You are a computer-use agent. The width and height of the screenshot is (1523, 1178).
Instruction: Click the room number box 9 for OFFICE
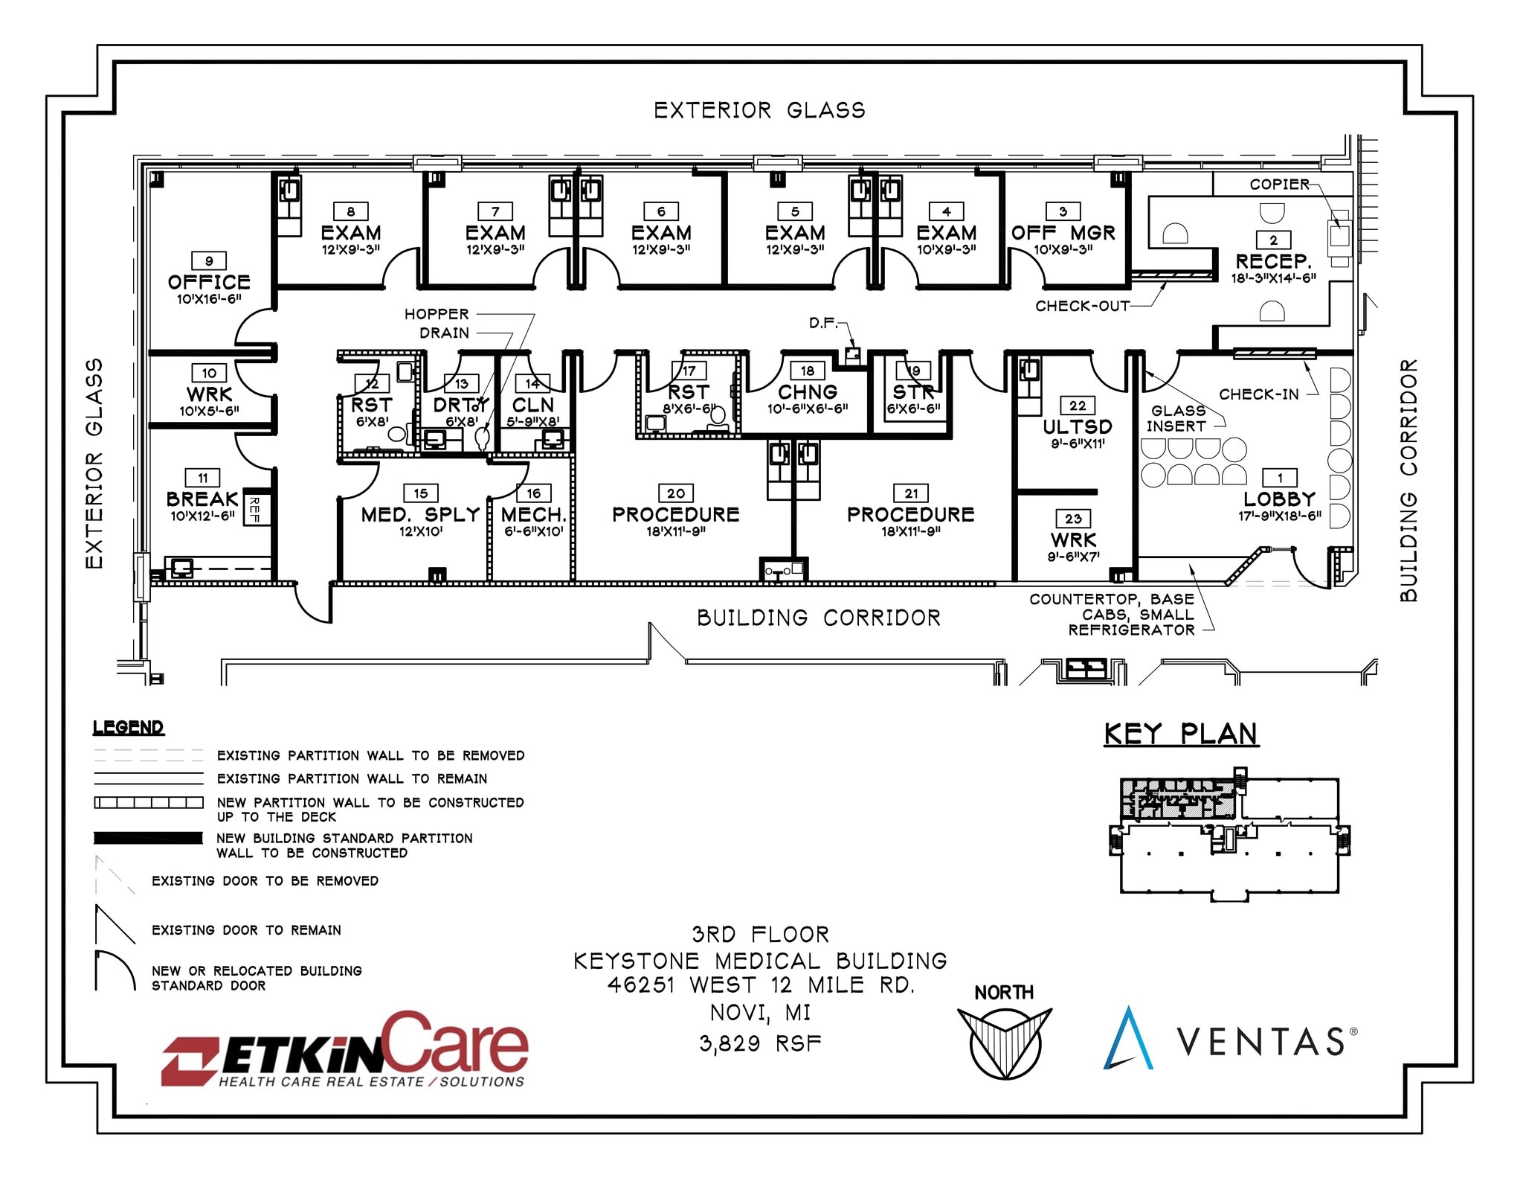click(209, 261)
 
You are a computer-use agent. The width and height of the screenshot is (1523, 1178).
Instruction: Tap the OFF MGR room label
click(1063, 233)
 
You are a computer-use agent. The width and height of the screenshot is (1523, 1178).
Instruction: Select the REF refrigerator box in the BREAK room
click(254, 510)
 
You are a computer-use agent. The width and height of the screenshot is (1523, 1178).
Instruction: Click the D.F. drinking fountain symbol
click(853, 355)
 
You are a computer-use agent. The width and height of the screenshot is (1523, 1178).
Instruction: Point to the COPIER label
click(1279, 184)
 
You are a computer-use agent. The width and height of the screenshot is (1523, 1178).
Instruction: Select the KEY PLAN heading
click(1181, 734)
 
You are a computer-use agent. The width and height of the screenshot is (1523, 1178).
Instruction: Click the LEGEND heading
click(128, 727)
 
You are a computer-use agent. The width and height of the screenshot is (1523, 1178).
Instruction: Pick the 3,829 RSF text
click(760, 1043)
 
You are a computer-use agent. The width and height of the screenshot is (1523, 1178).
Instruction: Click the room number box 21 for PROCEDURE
click(911, 493)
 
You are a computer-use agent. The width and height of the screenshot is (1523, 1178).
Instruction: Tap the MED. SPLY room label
click(420, 514)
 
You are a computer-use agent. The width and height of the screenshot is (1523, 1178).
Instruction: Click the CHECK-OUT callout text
click(1082, 306)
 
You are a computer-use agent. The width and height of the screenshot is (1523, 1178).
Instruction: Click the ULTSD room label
click(1077, 426)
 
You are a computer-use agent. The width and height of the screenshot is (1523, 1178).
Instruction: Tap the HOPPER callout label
click(437, 314)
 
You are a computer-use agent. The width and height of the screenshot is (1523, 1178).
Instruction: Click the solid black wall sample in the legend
click(148, 838)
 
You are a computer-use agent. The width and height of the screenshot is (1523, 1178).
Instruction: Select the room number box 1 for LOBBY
click(1280, 477)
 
